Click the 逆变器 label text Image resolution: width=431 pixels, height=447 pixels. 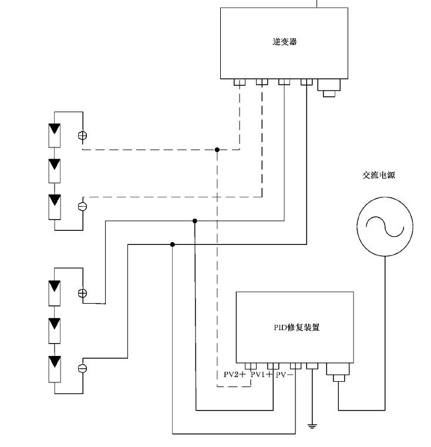(x=284, y=42)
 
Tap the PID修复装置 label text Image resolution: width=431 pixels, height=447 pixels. (x=297, y=328)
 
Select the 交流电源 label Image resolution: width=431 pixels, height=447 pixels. (x=378, y=175)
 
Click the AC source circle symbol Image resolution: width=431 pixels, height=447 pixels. (x=385, y=226)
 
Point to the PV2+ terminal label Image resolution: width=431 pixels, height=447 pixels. (x=234, y=375)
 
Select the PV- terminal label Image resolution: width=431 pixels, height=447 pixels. (x=285, y=375)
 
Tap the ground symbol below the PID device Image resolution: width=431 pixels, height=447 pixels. (x=312, y=425)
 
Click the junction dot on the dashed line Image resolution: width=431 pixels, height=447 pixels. (x=217, y=150)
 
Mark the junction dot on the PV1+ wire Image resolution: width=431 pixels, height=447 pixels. (x=195, y=221)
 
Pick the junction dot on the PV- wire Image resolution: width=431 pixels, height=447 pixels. (x=173, y=244)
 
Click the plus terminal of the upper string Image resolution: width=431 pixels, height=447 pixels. (x=82, y=135)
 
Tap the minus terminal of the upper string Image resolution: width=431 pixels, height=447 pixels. (x=82, y=206)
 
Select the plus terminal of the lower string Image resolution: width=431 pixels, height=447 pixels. (x=82, y=293)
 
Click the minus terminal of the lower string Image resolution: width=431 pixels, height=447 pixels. (x=82, y=368)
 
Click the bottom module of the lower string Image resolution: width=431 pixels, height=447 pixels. (x=55, y=368)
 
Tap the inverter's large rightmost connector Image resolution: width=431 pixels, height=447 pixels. (x=328, y=87)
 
